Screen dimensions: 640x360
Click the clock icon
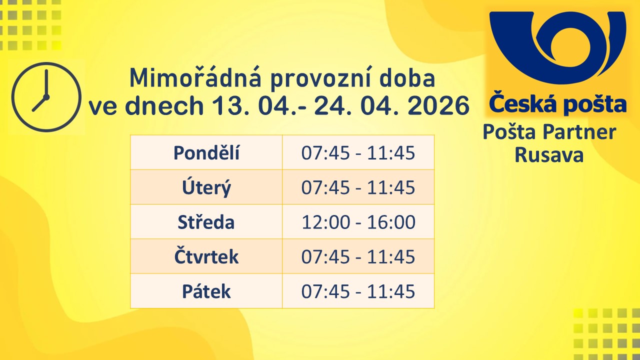(46, 97)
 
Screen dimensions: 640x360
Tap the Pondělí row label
(206, 153)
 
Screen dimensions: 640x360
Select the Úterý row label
(206, 187)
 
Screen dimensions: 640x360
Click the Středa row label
(206, 222)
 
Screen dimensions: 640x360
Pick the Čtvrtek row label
(206, 256)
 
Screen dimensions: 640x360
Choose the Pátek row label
(206, 291)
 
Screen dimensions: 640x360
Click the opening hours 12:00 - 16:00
(358, 222)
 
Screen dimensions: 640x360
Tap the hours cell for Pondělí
(358, 153)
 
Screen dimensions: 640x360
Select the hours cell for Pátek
(358, 291)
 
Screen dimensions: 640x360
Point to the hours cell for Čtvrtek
(358, 256)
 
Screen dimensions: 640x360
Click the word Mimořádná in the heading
(195, 77)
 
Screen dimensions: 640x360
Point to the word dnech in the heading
(164, 105)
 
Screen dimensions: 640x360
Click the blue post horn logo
(557, 47)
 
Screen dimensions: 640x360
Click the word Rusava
(549, 155)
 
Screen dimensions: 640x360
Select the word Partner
(579, 132)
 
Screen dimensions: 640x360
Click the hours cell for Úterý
(358, 187)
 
